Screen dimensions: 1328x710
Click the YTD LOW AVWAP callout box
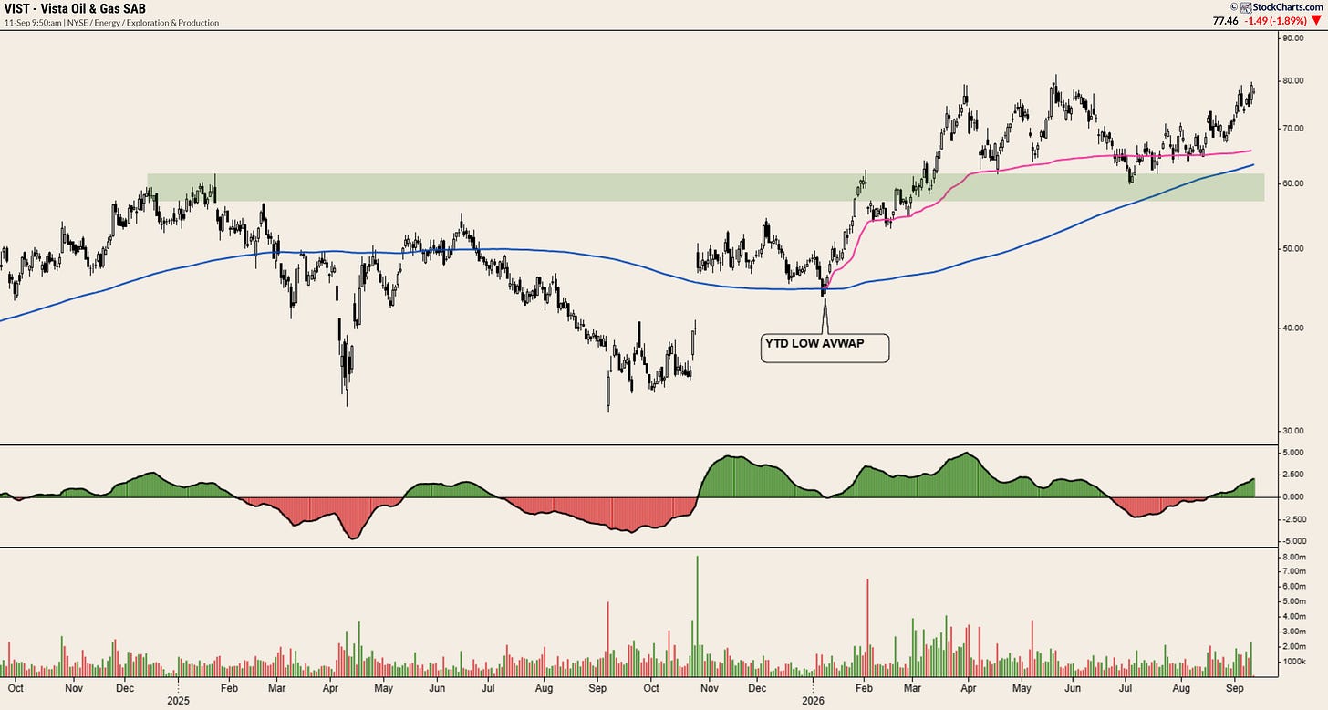(x=825, y=348)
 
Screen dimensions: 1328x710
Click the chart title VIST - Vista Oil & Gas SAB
(x=75, y=8)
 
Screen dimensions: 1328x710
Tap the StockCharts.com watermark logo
(x=1284, y=7)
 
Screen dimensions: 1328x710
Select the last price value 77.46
(x=1226, y=21)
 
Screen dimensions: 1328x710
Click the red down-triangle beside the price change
(x=1316, y=21)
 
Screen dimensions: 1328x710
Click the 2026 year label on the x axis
(x=813, y=701)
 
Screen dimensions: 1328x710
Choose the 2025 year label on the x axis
(x=178, y=701)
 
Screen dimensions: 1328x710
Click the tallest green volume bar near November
(x=697, y=616)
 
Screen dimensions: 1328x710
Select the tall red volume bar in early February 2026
(x=867, y=628)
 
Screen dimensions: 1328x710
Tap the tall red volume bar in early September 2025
(x=607, y=640)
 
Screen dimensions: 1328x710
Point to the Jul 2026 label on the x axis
(x=1126, y=688)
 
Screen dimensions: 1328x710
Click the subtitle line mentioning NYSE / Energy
(x=111, y=23)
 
